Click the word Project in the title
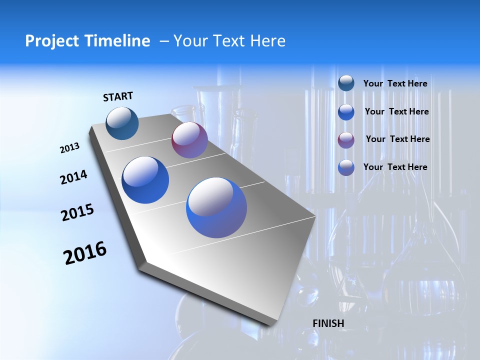[x=48, y=41]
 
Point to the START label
[x=118, y=96]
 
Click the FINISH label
[x=328, y=323]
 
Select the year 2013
[x=69, y=148]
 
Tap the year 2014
[x=73, y=177]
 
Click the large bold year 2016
[x=85, y=253]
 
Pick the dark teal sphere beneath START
[x=122, y=123]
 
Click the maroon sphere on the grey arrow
[x=189, y=140]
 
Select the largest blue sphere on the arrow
[x=216, y=207]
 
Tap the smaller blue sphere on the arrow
[x=145, y=180]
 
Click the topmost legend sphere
[x=346, y=83]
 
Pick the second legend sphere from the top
[x=346, y=112]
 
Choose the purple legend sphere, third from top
[x=346, y=140]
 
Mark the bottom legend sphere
[x=346, y=167]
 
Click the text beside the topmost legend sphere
[x=395, y=83]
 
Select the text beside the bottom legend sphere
[x=395, y=167]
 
